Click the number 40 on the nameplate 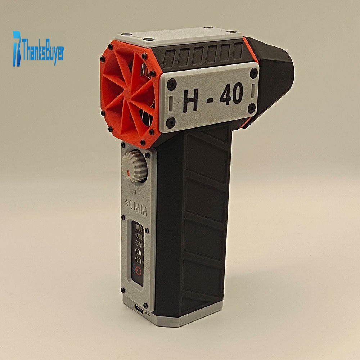point(231,94)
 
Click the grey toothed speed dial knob point(134,166)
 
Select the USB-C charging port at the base point(139,309)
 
